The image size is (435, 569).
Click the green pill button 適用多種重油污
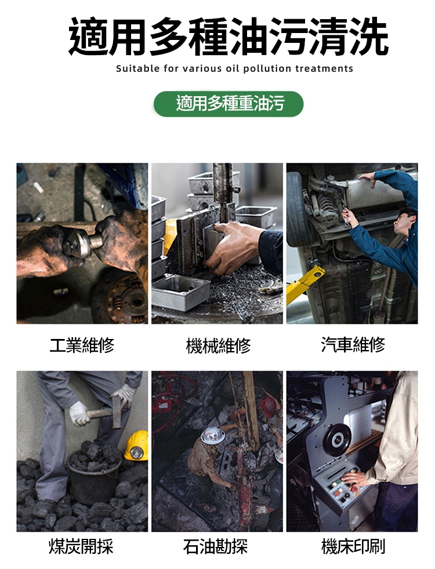(229, 104)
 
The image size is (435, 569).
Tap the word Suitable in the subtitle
(137, 68)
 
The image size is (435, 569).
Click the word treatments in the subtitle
(324, 68)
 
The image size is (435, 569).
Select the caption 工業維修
(82, 345)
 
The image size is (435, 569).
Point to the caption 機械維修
(218, 345)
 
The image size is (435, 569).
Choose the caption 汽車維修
(353, 344)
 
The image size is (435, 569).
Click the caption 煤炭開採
(81, 546)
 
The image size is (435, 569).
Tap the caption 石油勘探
(216, 546)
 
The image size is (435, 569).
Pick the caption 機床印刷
(353, 546)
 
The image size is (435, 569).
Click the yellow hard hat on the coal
(137, 446)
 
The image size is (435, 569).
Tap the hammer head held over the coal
(116, 412)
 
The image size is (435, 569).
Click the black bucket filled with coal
(94, 475)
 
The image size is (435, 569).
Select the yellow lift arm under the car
(304, 283)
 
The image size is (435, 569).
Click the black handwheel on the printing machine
(337, 439)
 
